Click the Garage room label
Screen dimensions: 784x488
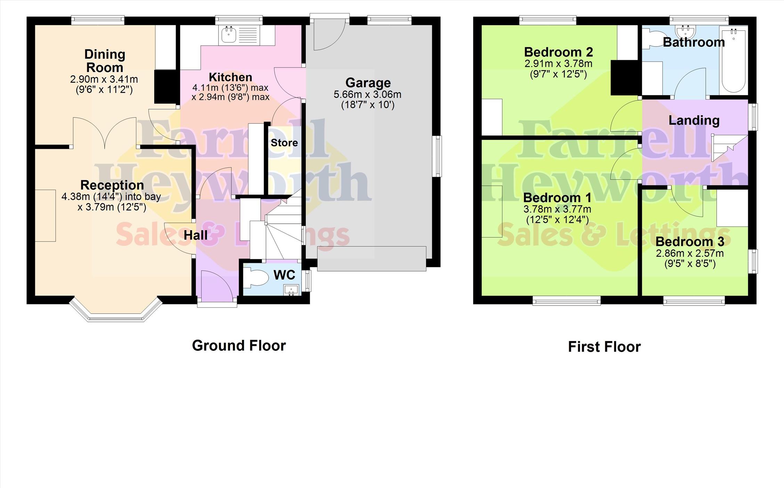[x=368, y=83]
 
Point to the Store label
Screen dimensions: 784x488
[x=284, y=143]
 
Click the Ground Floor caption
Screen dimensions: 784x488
[x=239, y=346]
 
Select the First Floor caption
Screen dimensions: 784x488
[x=604, y=347]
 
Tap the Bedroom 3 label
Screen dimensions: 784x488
[x=690, y=241]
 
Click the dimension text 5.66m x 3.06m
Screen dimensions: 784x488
[x=368, y=95]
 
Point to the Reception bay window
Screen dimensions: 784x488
[x=116, y=310]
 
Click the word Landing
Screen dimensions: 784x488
[x=694, y=121]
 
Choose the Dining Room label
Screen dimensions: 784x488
[x=105, y=61]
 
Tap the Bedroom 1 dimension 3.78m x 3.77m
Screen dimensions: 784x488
[x=557, y=209]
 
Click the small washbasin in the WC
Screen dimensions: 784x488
[x=291, y=290]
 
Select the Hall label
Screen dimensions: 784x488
[x=196, y=235]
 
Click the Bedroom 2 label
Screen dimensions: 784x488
[x=558, y=52]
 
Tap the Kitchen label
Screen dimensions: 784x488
[x=230, y=77]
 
